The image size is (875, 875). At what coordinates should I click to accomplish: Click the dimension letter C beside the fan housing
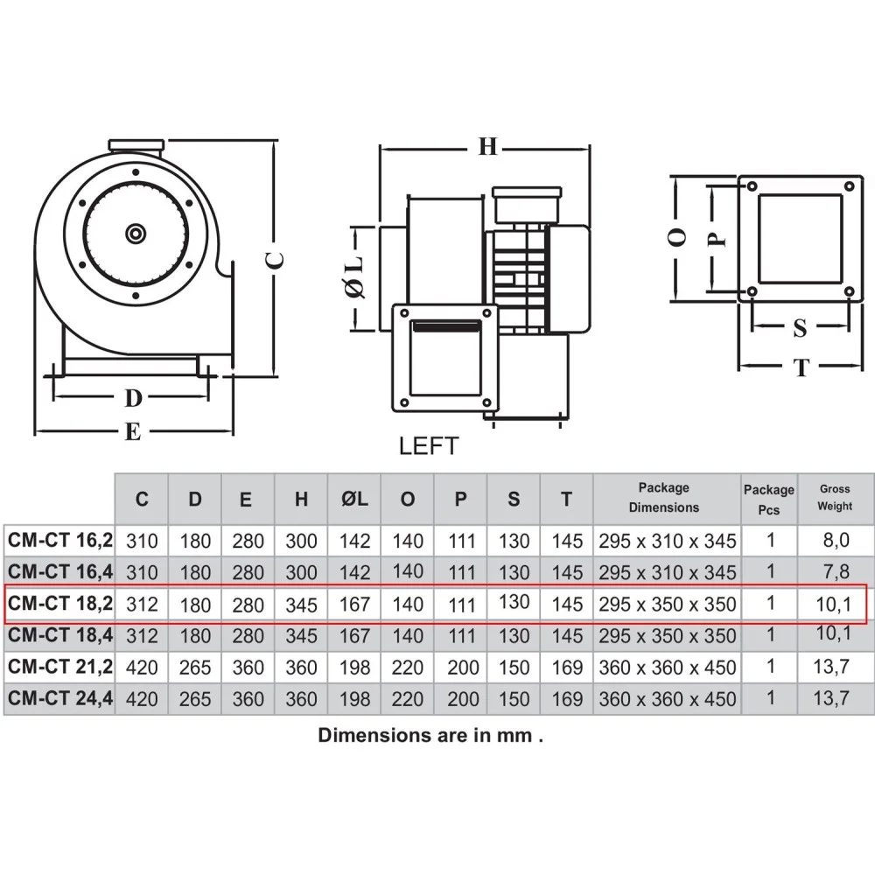(275, 260)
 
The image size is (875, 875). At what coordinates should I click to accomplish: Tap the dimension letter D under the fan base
(133, 398)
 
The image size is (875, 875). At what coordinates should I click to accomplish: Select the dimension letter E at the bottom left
(132, 431)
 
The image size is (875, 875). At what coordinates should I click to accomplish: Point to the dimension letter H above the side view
(487, 147)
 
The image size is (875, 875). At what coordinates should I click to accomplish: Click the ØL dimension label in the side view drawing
(355, 276)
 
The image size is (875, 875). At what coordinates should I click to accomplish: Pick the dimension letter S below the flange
(800, 328)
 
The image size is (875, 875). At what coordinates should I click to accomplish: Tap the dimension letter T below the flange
(801, 367)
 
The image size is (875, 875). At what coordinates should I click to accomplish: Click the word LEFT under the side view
(429, 446)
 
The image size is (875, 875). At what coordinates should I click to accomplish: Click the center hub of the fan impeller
(136, 234)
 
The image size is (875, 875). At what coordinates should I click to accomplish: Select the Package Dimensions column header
(664, 497)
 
